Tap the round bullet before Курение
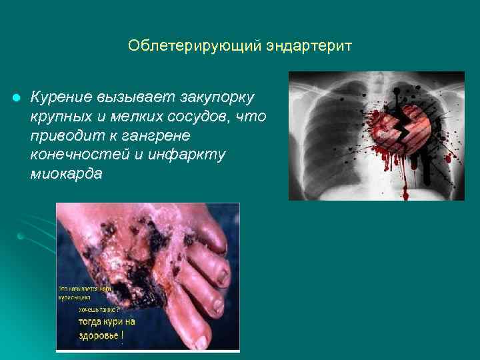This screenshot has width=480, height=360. (x=15, y=99)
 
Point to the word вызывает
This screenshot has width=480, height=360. (x=135, y=98)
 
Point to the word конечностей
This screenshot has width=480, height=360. (x=73, y=155)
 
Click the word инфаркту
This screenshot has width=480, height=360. (x=194, y=155)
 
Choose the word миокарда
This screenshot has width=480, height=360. (x=65, y=173)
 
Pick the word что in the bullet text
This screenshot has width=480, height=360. (x=254, y=117)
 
